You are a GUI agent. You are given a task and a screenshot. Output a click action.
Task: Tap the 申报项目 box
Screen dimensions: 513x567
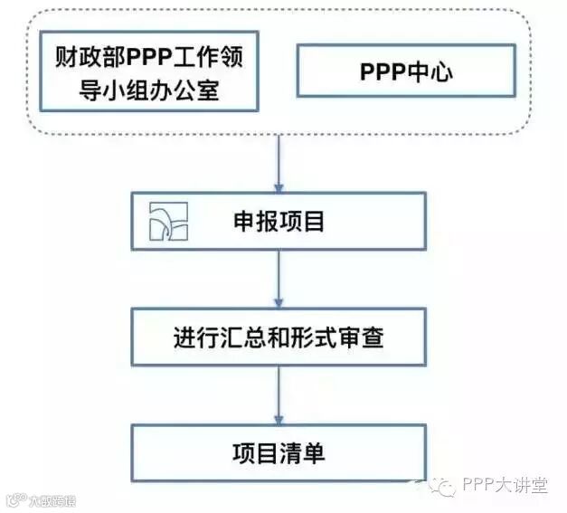(x=279, y=221)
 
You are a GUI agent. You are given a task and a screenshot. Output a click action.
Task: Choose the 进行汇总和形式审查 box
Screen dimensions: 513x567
(x=279, y=337)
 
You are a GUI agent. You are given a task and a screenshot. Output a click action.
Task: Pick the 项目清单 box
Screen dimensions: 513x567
(x=279, y=453)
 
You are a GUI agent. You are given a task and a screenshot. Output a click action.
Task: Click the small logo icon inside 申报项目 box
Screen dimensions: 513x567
(x=167, y=222)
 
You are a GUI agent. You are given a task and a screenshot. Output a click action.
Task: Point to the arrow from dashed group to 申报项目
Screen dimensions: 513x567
(x=279, y=161)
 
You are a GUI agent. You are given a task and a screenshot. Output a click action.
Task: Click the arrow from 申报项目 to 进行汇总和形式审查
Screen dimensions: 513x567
(x=279, y=279)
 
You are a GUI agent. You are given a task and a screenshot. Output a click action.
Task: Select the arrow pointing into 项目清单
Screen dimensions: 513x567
(x=279, y=395)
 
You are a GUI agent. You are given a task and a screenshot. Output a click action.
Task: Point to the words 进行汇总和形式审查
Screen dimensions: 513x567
(x=279, y=338)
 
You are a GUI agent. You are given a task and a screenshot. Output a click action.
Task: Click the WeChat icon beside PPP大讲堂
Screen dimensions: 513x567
(x=442, y=487)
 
